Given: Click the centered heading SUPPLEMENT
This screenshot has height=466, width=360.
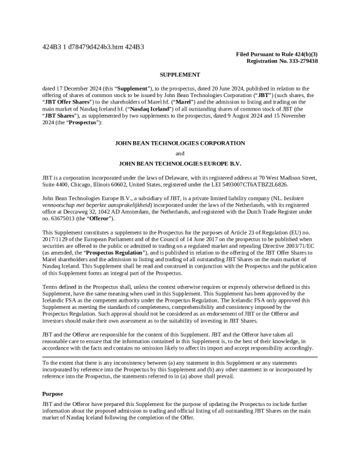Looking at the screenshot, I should pos(180,75).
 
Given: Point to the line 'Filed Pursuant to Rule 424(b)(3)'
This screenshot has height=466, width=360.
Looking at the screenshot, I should pos(277,54).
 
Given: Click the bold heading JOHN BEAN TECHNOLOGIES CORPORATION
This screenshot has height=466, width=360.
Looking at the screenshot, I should pos(180,143).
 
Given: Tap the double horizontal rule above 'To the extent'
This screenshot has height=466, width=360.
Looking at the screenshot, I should pos(180,357).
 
